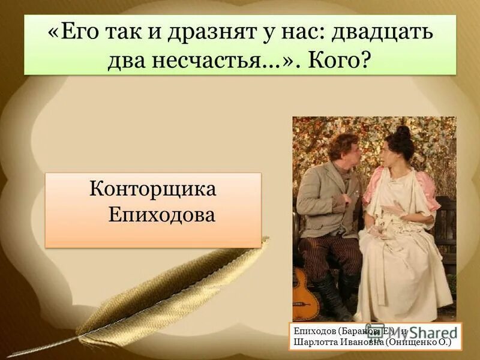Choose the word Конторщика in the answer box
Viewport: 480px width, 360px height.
pyautogui.click(x=152, y=190)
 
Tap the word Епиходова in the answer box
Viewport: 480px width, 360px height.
pyautogui.click(x=161, y=214)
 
